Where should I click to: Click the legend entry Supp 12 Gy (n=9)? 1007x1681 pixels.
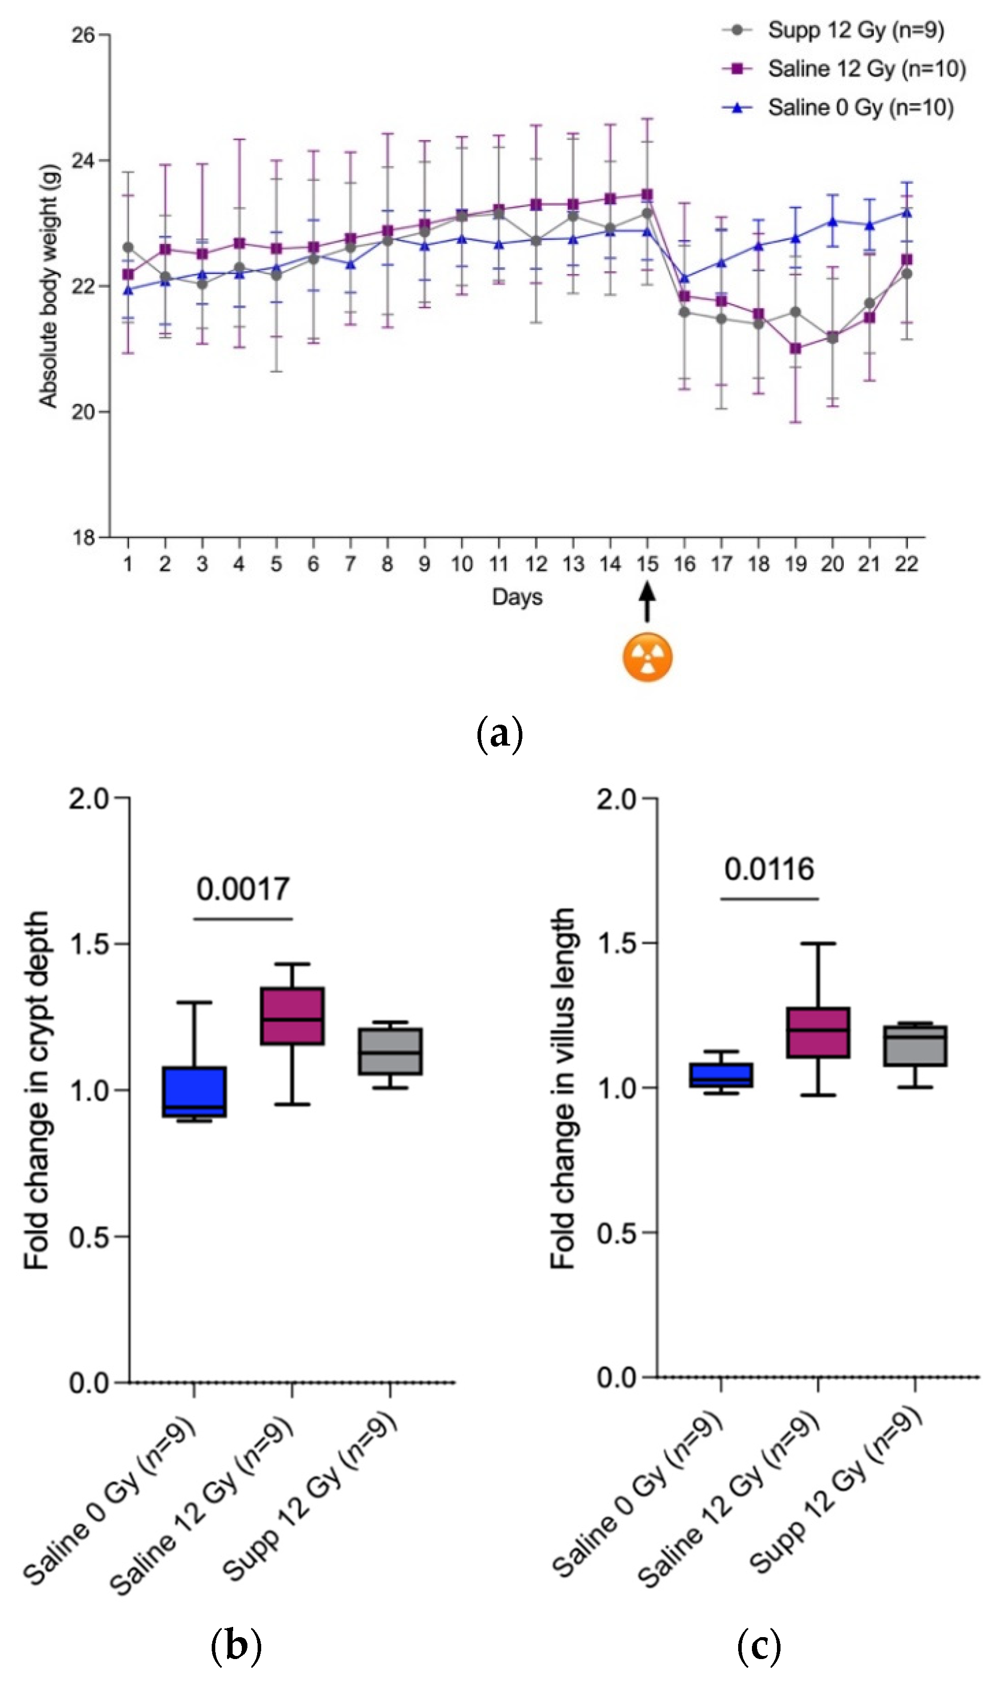[x=855, y=30]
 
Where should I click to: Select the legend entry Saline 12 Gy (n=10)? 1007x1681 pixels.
[x=866, y=68]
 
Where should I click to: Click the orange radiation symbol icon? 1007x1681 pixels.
[x=647, y=657]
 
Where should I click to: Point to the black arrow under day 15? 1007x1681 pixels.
[x=647, y=603]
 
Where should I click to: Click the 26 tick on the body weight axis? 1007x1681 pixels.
[x=83, y=35]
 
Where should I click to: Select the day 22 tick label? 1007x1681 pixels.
[x=906, y=564]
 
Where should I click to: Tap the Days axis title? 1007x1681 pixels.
[x=517, y=597]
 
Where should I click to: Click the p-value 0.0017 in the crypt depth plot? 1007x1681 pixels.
[x=243, y=889]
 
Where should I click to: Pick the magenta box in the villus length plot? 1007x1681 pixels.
[x=818, y=1032]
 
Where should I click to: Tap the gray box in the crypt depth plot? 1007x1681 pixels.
[x=390, y=1051]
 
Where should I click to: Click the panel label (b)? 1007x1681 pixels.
[x=236, y=1646]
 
